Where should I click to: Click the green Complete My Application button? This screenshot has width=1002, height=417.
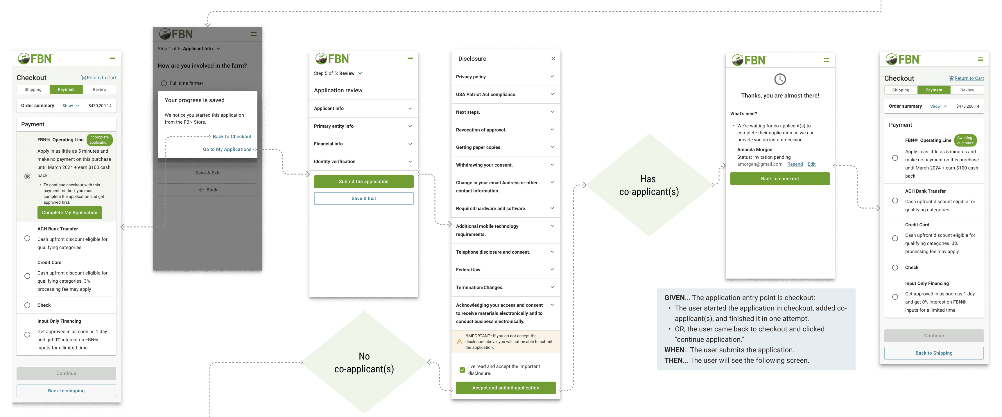click(x=70, y=213)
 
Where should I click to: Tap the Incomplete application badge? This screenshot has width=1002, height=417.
click(x=99, y=140)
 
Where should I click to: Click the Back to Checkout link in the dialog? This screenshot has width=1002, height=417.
click(x=232, y=136)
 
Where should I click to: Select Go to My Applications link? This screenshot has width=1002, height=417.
click(x=227, y=149)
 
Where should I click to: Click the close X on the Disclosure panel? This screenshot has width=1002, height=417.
click(x=553, y=59)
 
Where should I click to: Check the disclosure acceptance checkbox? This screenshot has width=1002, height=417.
click(x=462, y=370)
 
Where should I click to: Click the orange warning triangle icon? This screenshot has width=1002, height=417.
click(x=459, y=342)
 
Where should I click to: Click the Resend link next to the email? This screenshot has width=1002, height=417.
click(x=795, y=164)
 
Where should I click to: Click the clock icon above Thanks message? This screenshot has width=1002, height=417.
click(x=780, y=79)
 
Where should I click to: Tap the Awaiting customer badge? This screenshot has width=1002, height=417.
click(x=965, y=140)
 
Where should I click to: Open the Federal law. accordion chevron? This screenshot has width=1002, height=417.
click(x=552, y=269)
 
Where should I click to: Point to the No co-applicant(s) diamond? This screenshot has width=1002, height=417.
click(x=364, y=362)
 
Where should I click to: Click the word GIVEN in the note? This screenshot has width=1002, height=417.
click(x=674, y=298)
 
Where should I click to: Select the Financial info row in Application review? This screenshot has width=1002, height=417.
click(x=363, y=144)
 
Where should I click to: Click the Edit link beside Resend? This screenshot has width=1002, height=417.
click(x=811, y=164)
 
